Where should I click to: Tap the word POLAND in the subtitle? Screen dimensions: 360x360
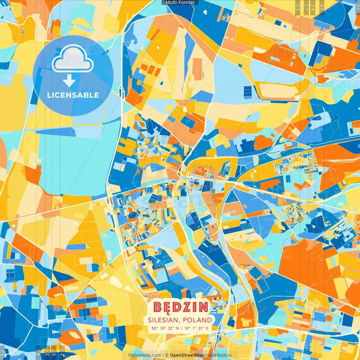pos(198,319)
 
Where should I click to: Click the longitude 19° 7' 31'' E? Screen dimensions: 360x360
pos(197,328)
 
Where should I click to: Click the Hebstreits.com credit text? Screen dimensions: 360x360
pos(145,355)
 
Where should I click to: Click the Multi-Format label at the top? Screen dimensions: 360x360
pos(180,3)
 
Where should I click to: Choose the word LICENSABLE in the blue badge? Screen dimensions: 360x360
pos(73,95)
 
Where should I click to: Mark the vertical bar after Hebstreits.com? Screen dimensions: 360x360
pos(163,355)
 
